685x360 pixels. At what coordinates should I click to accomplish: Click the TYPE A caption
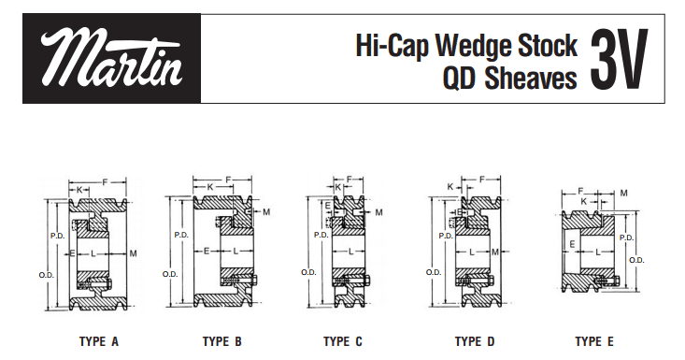98,342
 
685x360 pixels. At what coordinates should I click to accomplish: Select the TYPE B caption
222,342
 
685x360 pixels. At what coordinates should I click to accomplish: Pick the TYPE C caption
343,342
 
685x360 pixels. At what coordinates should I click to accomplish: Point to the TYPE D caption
475,342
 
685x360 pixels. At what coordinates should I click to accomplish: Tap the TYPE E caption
594,342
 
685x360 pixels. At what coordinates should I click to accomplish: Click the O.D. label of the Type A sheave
45,274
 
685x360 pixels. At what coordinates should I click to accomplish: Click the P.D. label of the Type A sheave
56,237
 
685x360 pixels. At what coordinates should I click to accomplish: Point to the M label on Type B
266,212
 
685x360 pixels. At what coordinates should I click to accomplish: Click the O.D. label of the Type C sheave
307,272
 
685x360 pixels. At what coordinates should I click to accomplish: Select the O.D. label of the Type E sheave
636,260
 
